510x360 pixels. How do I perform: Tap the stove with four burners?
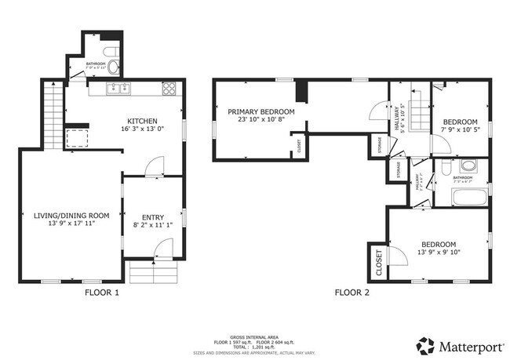coord(169,89)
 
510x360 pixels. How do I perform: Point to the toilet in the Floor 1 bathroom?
coord(114,50)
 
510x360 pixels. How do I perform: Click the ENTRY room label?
coord(152,218)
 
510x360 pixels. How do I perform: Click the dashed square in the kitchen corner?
coord(77,139)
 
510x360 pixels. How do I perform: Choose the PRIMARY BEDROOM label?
coord(261,112)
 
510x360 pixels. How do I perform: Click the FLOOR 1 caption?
coord(102,293)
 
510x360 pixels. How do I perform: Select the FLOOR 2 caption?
coord(352,293)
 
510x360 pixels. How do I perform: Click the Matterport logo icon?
coord(425,344)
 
